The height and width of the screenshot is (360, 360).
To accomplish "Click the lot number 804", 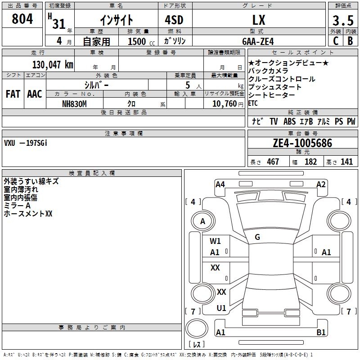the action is (22, 19).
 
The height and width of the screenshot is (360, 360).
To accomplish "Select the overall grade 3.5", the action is (343, 20).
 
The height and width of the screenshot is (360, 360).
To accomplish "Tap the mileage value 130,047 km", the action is (53, 65).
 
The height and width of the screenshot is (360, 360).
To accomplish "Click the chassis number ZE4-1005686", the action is (302, 143).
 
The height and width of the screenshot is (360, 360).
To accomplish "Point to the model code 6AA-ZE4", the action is (258, 41).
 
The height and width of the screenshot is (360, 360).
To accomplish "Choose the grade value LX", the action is (259, 20).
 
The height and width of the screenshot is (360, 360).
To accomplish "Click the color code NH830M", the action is (74, 104).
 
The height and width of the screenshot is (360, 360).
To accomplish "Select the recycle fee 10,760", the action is (224, 104).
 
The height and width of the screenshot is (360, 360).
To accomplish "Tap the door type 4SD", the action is (174, 20).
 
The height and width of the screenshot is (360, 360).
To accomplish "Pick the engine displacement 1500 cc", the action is (141, 41).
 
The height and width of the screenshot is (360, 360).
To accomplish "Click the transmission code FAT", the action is (13, 94).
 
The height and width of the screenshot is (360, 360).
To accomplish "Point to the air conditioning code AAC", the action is (35, 94).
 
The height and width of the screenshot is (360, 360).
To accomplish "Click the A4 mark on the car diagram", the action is (220, 184).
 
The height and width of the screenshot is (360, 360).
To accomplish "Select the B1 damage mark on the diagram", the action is (321, 332).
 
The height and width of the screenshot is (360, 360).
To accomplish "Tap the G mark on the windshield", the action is (257, 237).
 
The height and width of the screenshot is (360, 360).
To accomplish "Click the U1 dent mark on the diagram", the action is (221, 308).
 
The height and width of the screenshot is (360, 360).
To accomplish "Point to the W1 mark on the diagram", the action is (215, 241).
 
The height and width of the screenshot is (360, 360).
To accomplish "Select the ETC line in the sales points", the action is (253, 103).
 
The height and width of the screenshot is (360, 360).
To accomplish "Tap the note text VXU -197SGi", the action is (26, 143).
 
